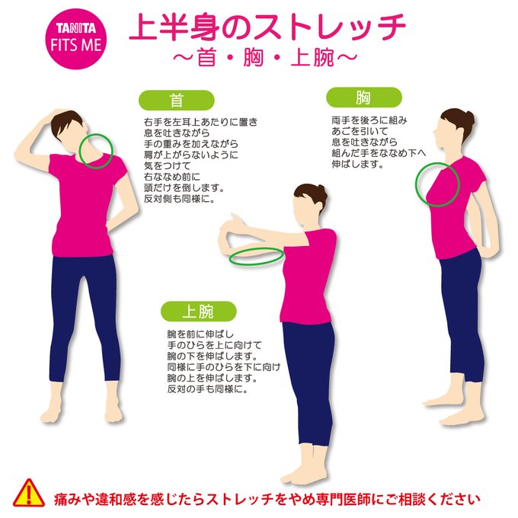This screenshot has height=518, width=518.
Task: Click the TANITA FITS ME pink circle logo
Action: pyautogui.click(x=75, y=39)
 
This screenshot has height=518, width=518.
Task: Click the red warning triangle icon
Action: pyautogui.click(x=29, y=493)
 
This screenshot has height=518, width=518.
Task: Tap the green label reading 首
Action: pyautogui.click(x=177, y=100)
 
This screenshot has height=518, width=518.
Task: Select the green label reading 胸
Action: pyautogui.click(x=364, y=98)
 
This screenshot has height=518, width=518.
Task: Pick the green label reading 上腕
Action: pyautogui.click(x=199, y=312)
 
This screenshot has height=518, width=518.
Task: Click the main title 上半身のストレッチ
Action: pyautogui.click(x=267, y=27)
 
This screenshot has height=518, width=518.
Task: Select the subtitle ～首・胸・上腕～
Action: pyautogui.click(x=265, y=58)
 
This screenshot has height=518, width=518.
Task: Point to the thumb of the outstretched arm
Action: pyautogui.click(x=235, y=218)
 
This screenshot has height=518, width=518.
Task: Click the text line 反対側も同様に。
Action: pyautogui.click(x=179, y=199)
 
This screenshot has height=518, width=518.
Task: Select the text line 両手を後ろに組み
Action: pyautogui.click(x=369, y=120)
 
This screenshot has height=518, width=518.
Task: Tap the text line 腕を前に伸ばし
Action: pyautogui.click(x=201, y=334)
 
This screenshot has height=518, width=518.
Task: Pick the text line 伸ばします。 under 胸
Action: pyautogui.click(x=358, y=164)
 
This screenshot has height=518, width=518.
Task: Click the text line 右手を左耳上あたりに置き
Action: pyautogui.click(x=200, y=122)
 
